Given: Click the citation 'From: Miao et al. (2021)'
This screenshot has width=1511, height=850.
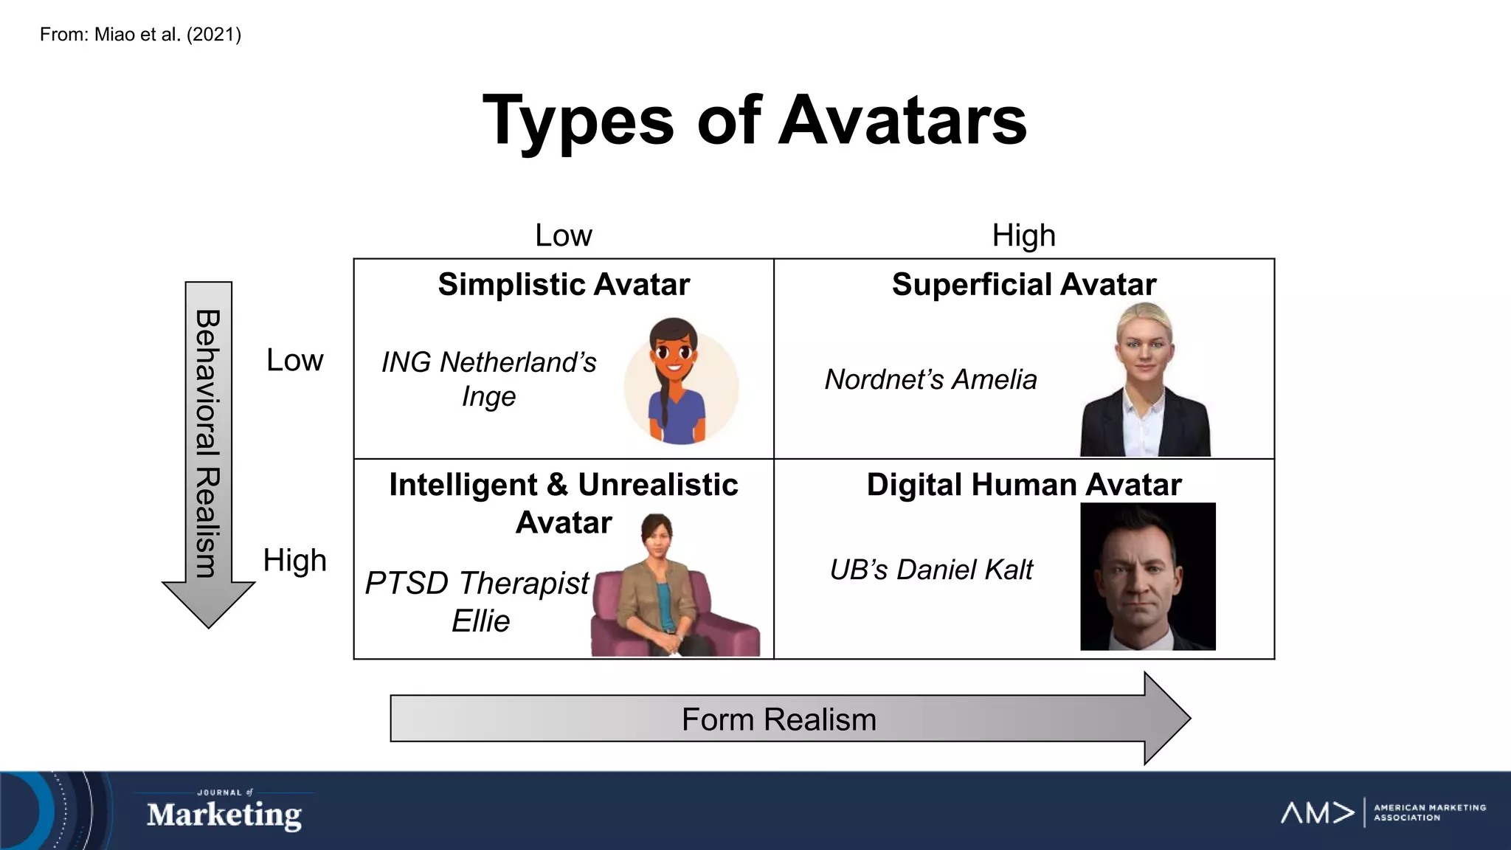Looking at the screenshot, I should click(140, 35).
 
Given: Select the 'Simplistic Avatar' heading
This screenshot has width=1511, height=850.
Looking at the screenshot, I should click(564, 285).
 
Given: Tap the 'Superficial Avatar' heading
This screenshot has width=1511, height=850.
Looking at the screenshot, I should click(1023, 285).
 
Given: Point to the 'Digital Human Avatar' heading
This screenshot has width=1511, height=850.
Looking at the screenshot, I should click(1023, 485).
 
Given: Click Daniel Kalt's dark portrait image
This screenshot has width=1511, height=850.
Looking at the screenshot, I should click(1147, 576).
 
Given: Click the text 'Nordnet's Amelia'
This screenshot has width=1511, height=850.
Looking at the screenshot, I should click(930, 379).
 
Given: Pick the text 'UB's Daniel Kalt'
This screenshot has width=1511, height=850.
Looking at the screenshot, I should click(931, 570).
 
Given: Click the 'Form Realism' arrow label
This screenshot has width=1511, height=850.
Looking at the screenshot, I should click(778, 719).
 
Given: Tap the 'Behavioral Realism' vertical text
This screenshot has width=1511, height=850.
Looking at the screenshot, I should click(207, 443).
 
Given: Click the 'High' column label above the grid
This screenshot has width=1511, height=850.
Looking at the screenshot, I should click(1023, 235).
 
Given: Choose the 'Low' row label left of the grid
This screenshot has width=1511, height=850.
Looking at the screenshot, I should click(294, 360).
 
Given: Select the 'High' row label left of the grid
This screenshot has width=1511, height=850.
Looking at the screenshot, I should click(294, 560).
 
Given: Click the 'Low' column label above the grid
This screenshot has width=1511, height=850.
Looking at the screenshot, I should click(563, 235).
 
